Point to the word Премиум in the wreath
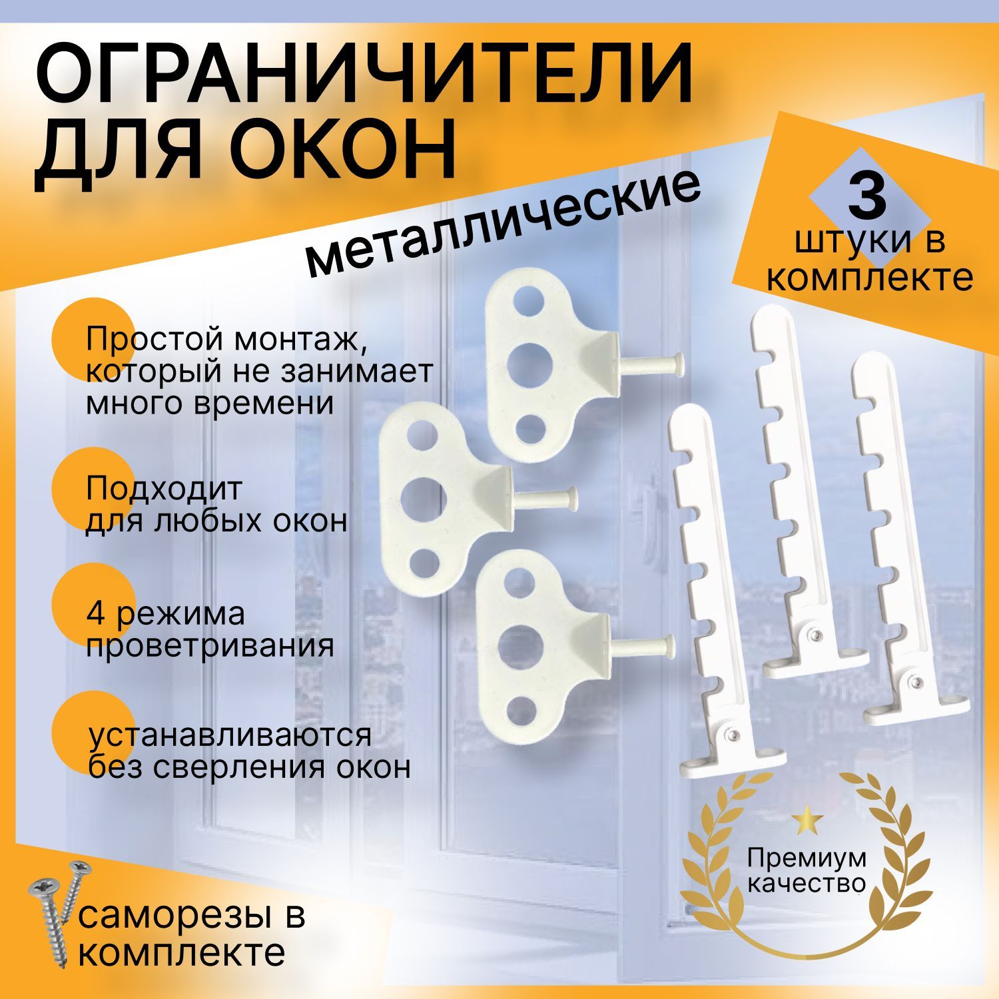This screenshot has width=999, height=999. click(x=807, y=858)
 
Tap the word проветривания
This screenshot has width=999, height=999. click(x=210, y=645)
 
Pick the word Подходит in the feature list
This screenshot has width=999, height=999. click(x=164, y=490)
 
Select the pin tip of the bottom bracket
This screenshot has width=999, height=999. click(x=667, y=644)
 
